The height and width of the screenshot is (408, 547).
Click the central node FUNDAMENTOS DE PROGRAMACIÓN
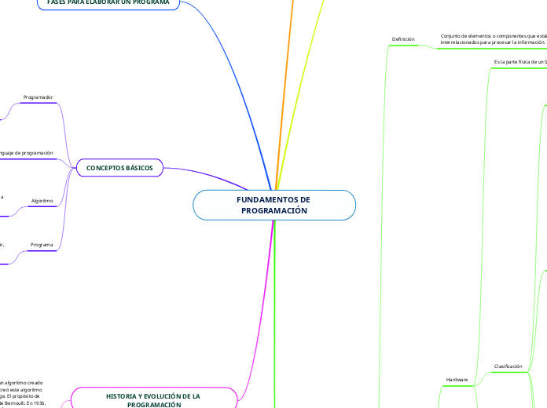[x=273, y=205]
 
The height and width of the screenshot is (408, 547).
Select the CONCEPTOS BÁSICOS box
[x=119, y=168]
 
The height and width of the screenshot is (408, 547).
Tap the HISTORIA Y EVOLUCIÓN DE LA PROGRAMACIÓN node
[x=153, y=399]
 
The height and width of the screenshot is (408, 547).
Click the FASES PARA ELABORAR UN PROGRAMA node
[x=113, y=2]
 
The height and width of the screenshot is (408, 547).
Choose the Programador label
[x=39, y=97]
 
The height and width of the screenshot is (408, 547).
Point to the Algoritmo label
[x=42, y=201]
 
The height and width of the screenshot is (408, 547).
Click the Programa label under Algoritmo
[x=42, y=245]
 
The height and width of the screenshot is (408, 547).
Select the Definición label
[x=402, y=38]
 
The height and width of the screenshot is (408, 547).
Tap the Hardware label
[x=457, y=379]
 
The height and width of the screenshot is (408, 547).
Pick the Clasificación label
[x=508, y=366]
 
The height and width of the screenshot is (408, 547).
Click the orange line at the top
[x=289, y=47]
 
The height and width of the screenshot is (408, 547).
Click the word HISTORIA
[x=123, y=396]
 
